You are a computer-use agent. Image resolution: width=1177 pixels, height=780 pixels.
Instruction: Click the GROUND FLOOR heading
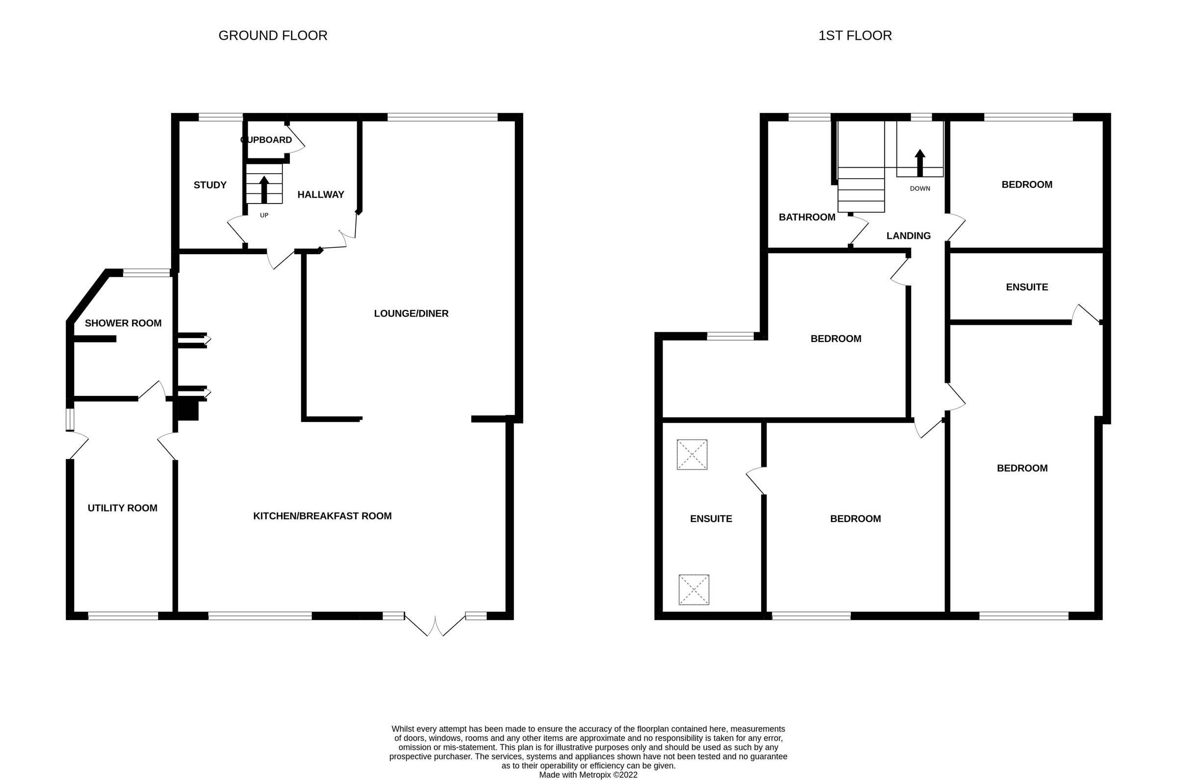click(x=273, y=36)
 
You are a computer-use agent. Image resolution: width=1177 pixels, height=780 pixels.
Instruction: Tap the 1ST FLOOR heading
click(x=855, y=36)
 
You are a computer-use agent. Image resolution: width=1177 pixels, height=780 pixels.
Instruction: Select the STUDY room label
click(x=210, y=185)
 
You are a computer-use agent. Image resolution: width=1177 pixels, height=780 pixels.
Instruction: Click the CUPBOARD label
click(x=266, y=140)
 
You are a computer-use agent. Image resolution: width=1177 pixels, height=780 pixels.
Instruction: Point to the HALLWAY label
click(x=321, y=194)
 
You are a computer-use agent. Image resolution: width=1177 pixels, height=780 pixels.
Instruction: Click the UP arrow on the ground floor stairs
click(x=264, y=189)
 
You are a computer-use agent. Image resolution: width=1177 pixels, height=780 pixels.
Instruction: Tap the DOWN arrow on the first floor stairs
click(x=920, y=163)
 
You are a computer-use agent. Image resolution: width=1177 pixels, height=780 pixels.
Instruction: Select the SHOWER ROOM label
click(x=123, y=323)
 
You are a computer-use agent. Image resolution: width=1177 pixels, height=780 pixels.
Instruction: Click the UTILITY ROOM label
click(x=122, y=508)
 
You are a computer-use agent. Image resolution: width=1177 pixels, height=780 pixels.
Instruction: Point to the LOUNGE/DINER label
click(x=411, y=313)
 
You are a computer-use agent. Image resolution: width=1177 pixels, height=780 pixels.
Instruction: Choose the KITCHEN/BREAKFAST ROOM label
click(x=322, y=516)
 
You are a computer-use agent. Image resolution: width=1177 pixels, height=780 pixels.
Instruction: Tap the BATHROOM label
click(x=807, y=217)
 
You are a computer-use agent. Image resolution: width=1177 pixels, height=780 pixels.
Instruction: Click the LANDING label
click(x=908, y=236)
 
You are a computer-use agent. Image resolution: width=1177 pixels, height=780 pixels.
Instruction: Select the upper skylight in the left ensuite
click(x=691, y=454)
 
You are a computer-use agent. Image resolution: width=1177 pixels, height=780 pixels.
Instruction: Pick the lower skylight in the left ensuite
click(x=693, y=590)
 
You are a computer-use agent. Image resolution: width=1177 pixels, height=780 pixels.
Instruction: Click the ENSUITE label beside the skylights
click(x=711, y=519)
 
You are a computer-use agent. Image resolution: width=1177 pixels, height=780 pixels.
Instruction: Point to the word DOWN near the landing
click(x=920, y=188)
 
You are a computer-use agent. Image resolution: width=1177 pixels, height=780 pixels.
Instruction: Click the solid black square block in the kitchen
click(x=188, y=411)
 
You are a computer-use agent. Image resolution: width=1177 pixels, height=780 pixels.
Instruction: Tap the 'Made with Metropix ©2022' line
click(x=588, y=775)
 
